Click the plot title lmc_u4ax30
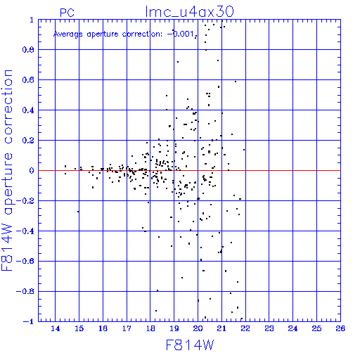click(190, 11)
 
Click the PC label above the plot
click(67, 13)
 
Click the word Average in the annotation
click(68, 34)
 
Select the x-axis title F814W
click(190, 345)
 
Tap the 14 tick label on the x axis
click(56, 328)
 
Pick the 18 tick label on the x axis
click(150, 328)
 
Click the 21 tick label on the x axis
click(221, 328)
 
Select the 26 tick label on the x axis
click(340, 328)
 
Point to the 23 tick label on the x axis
click(269, 328)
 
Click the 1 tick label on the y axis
click(32, 20)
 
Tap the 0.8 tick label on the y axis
click(28, 50)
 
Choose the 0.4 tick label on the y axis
click(28, 110)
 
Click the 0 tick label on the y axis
click(32, 171)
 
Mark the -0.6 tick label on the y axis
click(25, 261)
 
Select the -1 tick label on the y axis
click(29, 321)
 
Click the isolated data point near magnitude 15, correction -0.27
click(78, 212)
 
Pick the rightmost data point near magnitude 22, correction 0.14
click(244, 150)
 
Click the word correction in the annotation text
click(142, 34)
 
